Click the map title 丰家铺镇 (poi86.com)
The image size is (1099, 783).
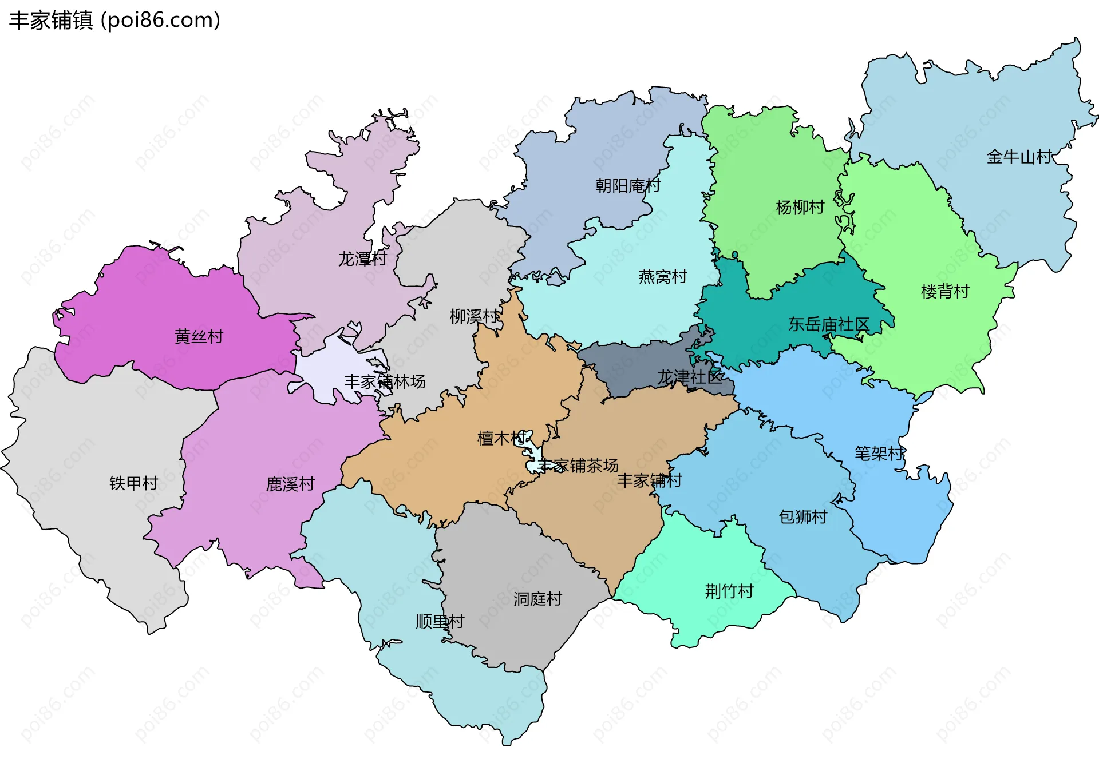click(114, 20)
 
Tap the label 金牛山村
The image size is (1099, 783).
click(1019, 157)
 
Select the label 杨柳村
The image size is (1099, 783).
click(800, 207)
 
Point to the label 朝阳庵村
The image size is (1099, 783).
click(627, 185)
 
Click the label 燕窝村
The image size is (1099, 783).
click(662, 276)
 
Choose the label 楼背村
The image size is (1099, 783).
click(944, 291)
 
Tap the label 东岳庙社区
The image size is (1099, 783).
click(828, 324)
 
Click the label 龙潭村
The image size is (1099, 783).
click(362, 259)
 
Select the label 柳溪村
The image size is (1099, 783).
click(474, 316)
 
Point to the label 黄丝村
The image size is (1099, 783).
click(199, 336)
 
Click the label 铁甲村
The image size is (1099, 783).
click(133, 483)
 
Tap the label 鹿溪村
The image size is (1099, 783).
click(290, 484)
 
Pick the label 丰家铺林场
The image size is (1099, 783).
click(385, 381)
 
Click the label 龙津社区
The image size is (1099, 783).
click(689, 377)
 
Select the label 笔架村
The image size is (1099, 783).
click(879, 454)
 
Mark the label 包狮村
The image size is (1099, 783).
click(802, 516)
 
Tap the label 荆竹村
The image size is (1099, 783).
click(729, 591)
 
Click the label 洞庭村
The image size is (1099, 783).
click(537, 599)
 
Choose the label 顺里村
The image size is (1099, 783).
click(440, 621)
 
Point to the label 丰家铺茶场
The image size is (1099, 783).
click(578, 466)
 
